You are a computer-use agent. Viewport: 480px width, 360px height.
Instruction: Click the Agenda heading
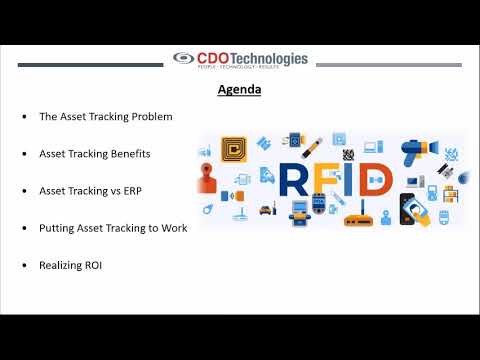(240, 90)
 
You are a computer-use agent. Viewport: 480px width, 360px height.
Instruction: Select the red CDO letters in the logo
(211, 58)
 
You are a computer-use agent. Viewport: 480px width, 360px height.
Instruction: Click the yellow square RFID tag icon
(231, 149)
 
